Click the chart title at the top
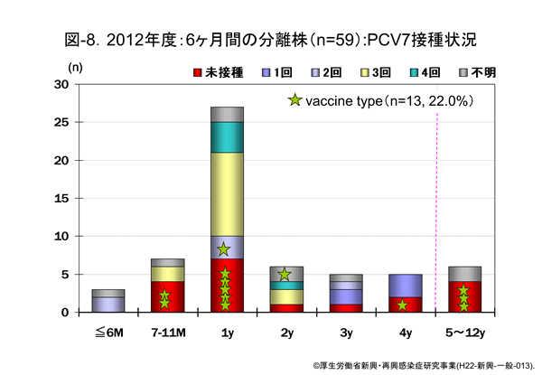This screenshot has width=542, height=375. [271, 39]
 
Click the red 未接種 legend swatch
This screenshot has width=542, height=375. [198, 71]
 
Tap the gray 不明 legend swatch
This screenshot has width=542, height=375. [462, 71]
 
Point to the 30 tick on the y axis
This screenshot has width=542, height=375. [61, 84]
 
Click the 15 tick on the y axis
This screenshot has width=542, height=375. [61, 198]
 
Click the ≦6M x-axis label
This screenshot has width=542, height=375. [108, 330]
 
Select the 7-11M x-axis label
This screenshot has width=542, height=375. [167, 330]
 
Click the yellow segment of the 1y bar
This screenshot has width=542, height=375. [227, 194]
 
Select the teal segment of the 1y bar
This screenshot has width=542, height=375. [227, 137]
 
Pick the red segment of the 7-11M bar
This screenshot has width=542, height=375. [167, 296]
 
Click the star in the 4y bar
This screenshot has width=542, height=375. [403, 305]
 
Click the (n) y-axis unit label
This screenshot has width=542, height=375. [76, 67]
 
